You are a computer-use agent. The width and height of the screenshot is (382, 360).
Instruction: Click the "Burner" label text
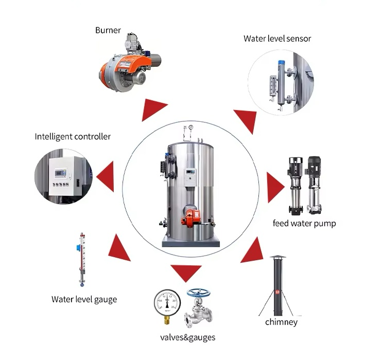[108, 30]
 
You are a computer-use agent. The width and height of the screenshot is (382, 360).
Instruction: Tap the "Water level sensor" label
[277, 39]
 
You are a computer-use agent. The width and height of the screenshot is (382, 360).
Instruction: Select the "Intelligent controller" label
[73, 136]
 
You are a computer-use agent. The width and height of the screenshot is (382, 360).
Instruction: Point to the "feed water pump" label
[304, 223]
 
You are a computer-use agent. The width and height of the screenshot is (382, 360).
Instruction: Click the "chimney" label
[281, 322]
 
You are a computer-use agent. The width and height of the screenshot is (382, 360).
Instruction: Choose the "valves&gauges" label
[187, 337]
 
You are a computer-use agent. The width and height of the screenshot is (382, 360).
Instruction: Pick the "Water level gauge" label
[84, 299]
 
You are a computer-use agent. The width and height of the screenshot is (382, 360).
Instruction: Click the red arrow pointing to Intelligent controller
[107, 175]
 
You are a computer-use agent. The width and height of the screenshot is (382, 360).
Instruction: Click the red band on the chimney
[278, 292]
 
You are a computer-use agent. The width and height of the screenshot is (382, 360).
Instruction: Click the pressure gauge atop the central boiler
[190, 128]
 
